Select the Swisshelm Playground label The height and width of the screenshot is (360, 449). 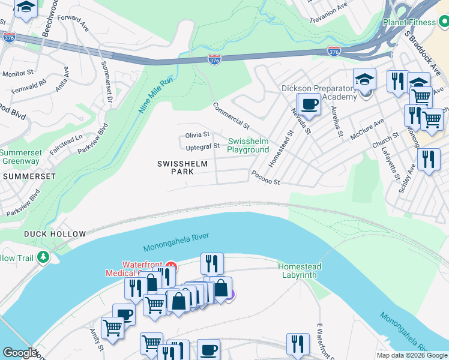pyautogui.click(x=248, y=145)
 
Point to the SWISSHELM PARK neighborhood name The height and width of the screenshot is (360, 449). pyautogui.click(x=183, y=167)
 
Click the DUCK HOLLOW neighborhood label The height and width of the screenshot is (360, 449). pyautogui.click(x=55, y=233)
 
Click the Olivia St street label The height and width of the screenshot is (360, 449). pyautogui.click(x=197, y=135)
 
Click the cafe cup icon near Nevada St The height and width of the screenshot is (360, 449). pyautogui.click(x=310, y=104)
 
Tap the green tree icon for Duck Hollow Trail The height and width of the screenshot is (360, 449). pyautogui.click(x=43, y=257)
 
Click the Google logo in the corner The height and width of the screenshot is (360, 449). pyautogui.click(x=20, y=353)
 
